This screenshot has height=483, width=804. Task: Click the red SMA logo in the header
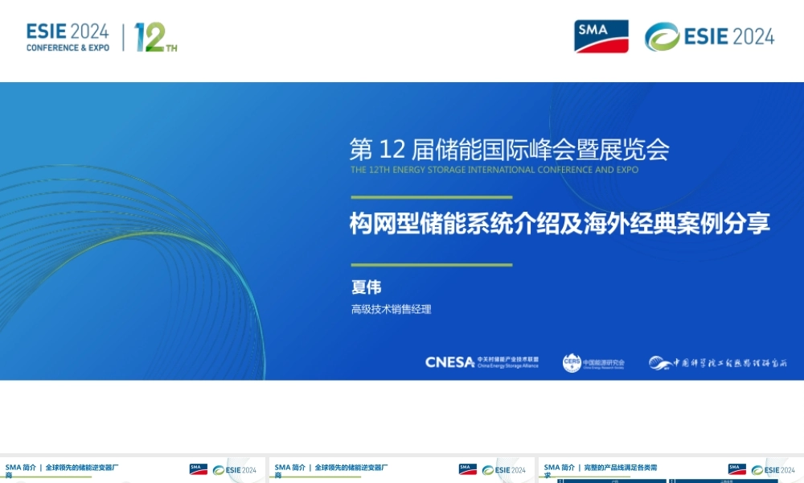point(601,36)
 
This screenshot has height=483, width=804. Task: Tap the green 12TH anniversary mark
point(155,37)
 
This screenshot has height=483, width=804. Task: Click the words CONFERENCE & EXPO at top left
point(68,48)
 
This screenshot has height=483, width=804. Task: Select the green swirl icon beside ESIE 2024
point(662,37)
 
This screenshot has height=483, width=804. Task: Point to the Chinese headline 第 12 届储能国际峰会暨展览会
point(509,150)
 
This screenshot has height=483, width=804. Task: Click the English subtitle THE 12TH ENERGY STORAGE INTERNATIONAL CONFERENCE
point(494,170)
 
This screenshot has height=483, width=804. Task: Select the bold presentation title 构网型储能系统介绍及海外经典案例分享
point(559,223)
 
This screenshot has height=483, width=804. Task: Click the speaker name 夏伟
point(366,287)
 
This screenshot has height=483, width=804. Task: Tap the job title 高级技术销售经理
point(391,309)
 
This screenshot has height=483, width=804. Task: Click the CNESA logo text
point(449,362)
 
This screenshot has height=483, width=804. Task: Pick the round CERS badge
point(572,362)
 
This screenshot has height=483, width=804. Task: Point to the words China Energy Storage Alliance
point(507,365)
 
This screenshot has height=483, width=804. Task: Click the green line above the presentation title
point(431,196)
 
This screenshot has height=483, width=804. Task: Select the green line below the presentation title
point(431,264)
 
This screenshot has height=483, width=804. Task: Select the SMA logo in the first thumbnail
point(198,469)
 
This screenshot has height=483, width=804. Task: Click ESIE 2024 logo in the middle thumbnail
point(504,470)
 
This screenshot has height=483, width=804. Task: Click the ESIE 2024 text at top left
point(68,31)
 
